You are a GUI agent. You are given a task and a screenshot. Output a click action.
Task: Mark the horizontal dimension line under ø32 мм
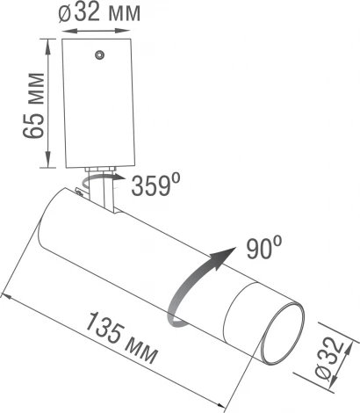point(100,32)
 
